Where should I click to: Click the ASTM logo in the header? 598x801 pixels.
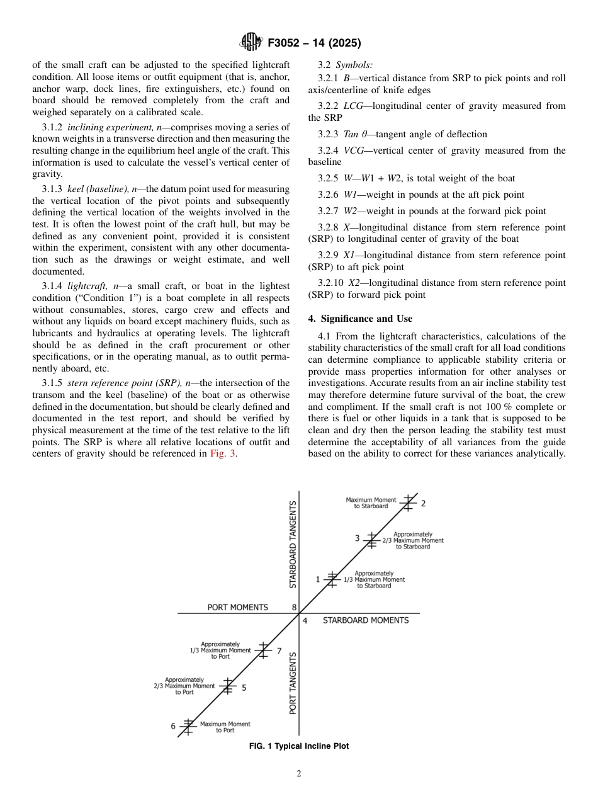(x=252, y=43)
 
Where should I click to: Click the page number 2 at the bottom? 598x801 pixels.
(x=299, y=774)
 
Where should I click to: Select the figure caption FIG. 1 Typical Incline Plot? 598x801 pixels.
(x=299, y=746)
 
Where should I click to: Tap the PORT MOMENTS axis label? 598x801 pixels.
(x=237, y=608)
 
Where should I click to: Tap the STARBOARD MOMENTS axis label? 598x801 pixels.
(x=365, y=620)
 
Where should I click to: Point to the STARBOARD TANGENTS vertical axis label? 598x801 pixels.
(x=293, y=545)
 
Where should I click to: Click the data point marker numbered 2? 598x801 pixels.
(x=409, y=503)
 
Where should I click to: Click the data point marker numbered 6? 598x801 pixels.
(x=187, y=726)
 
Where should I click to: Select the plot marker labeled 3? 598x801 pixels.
(x=371, y=540)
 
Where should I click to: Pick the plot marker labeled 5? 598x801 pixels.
(x=228, y=686)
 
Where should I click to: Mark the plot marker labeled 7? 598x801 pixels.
(x=264, y=650)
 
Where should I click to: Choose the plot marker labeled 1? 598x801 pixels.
(x=332, y=579)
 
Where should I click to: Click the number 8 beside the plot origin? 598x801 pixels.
(x=294, y=608)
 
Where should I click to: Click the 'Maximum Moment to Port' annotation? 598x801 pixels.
(x=225, y=727)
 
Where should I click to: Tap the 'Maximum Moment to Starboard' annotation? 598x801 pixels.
(x=371, y=503)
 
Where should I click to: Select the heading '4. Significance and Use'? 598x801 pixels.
(x=360, y=319)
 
